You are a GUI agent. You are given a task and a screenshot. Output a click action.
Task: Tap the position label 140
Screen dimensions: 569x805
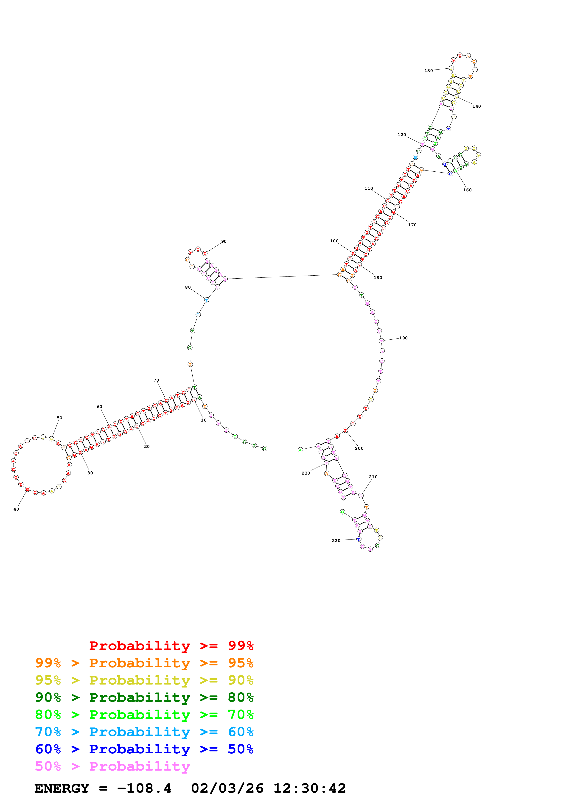(x=477, y=106)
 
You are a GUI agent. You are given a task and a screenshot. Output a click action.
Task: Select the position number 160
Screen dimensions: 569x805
(x=467, y=190)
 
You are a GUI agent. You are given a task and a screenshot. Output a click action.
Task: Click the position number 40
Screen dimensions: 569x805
(x=16, y=509)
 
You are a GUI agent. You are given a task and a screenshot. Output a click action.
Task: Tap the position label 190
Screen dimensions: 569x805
(x=403, y=338)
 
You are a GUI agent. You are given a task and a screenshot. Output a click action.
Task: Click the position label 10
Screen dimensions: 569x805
(x=204, y=420)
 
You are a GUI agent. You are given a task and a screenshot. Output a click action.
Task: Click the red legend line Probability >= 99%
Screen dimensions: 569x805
(x=171, y=646)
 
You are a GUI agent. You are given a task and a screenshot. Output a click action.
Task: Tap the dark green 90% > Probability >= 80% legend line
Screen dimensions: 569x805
(x=144, y=697)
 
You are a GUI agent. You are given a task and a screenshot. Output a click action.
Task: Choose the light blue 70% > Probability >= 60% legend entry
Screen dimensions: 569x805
(x=144, y=732)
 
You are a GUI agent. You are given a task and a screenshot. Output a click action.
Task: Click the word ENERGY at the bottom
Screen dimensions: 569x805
(x=62, y=788)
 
